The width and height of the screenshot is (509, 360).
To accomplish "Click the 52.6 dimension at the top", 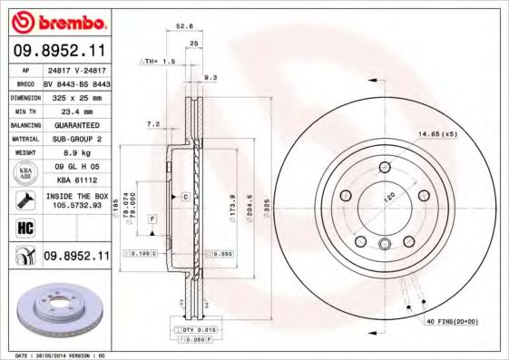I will coord(184,27).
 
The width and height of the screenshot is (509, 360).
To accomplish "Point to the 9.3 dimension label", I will coord(210,78).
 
